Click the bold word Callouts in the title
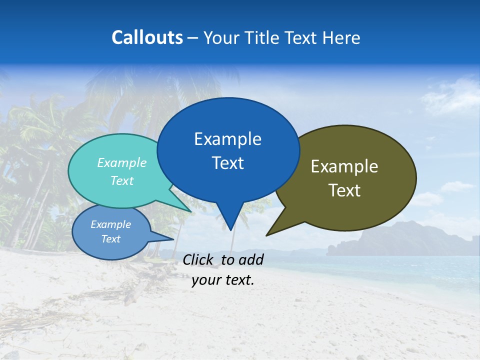pyautogui.click(x=147, y=37)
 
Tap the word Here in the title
pyautogui.click(x=341, y=37)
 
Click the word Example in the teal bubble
pyautogui.click(x=122, y=162)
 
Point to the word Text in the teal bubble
pyautogui.click(x=122, y=180)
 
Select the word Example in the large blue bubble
pyautogui.click(x=227, y=139)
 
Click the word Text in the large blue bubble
pyautogui.click(x=227, y=163)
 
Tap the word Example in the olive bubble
pyautogui.click(x=344, y=166)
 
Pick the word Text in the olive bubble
pyautogui.click(x=344, y=190)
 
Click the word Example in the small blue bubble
pyautogui.click(x=110, y=224)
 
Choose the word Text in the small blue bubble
pyautogui.click(x=110, y=239)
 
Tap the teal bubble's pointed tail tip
pyautogui.click(x=190, y=211)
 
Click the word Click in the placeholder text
pyautogui.click(x=198, y=259)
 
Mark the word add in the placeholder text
pyautogui.click(x=251, y=259)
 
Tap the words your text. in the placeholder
pyautogui.click(x=223, y=280)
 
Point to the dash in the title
pyautogui.click(x=193, y=38)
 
